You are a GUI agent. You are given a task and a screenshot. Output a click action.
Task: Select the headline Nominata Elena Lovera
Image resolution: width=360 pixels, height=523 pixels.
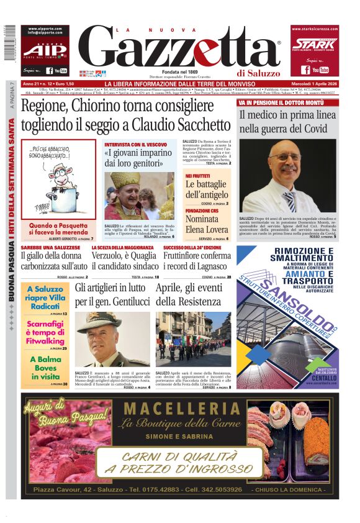click(x=205, y=224)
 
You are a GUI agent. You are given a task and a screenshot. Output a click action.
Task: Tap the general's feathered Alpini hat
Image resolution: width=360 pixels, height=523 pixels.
click(x=99, y=321)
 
